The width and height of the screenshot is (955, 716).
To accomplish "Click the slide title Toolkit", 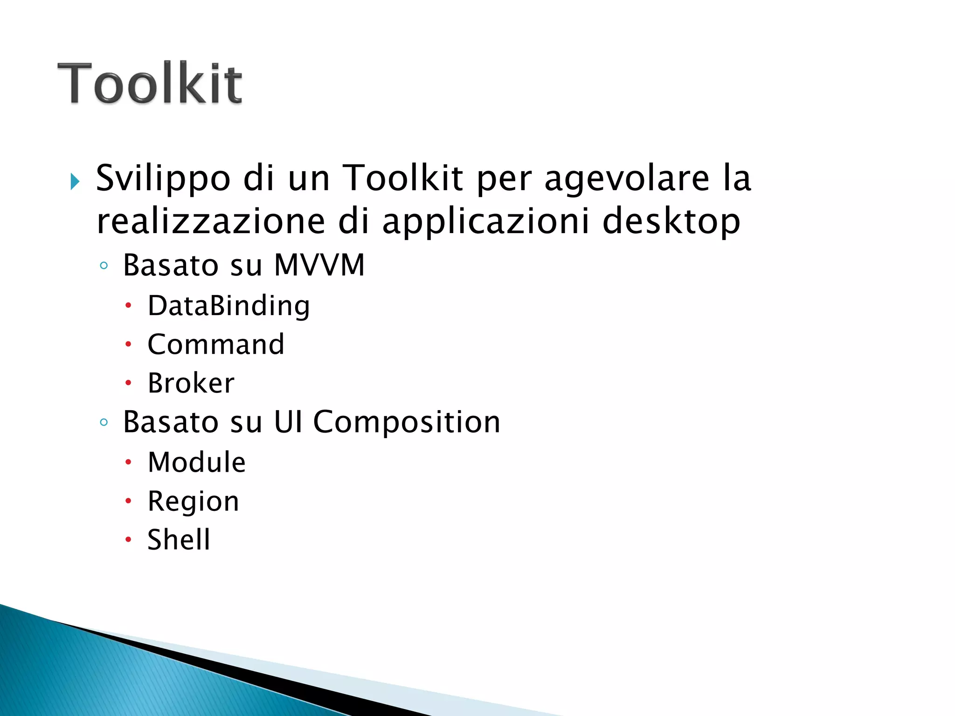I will pyautogui.click(x=150, y=83).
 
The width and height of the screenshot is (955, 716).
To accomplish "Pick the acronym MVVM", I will pyautogui.click(x=319, y=265).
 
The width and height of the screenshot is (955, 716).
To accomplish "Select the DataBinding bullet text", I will pyautogui.click(x=228, y=306).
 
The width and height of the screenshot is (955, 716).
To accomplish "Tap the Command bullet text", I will pyautogui.click(x=216, y=345).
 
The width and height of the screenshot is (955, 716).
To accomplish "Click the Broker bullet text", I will pyautogui.click(x=191, y=383).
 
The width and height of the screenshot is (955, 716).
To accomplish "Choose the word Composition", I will pyautogui.click(x=407, y=422).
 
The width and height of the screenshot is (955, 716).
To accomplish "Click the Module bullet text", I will pyautogui.click(x=196, y=462).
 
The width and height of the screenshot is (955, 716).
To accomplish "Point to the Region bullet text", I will pyautogui.click(x=193, y=502).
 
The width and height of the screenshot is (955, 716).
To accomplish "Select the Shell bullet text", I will pyautogui.click(x=179, y=540).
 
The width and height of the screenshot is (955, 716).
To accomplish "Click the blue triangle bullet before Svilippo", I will pyautogui.click(x=75, y=181).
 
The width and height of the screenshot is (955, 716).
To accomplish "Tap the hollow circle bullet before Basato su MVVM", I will pyautogui.click(x=104, y=266).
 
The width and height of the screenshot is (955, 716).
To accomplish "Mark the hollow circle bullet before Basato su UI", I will pyautogui.click(x=104, y=423).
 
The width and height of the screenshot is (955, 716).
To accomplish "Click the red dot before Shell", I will pyautogui.click(x=128, y=540).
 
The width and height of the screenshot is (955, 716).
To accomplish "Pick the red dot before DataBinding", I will pyautogui.click(x=128, y=306).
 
